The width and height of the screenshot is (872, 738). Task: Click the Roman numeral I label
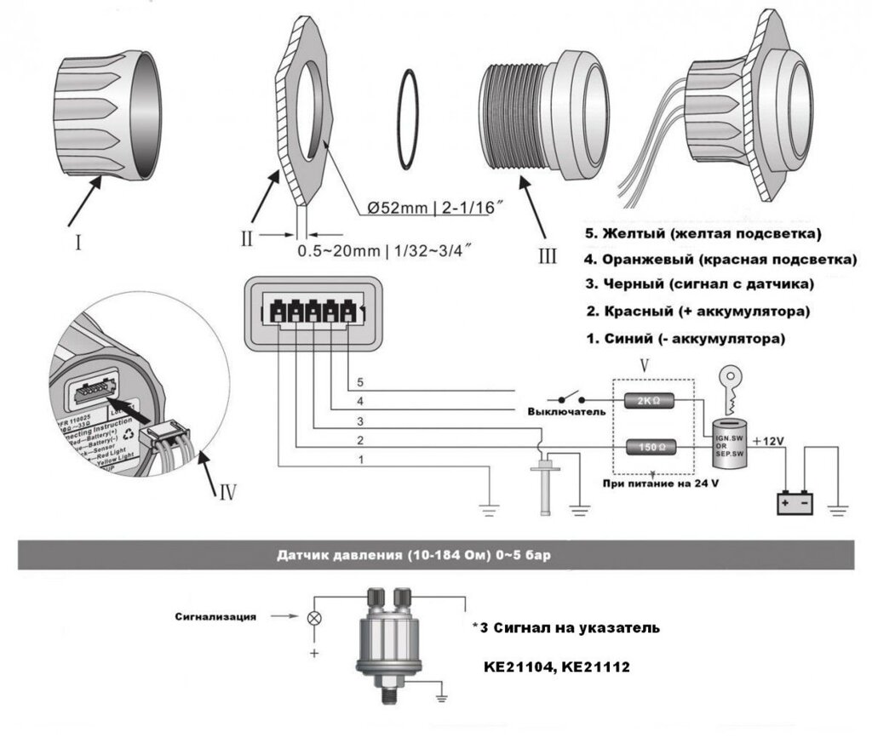[x=77, y=243]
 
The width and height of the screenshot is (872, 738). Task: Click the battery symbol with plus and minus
[x=795, y=502]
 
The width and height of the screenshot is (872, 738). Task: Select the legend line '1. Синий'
[x=685, y=339]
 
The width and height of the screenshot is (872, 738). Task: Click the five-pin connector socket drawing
[x=312, y=312]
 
